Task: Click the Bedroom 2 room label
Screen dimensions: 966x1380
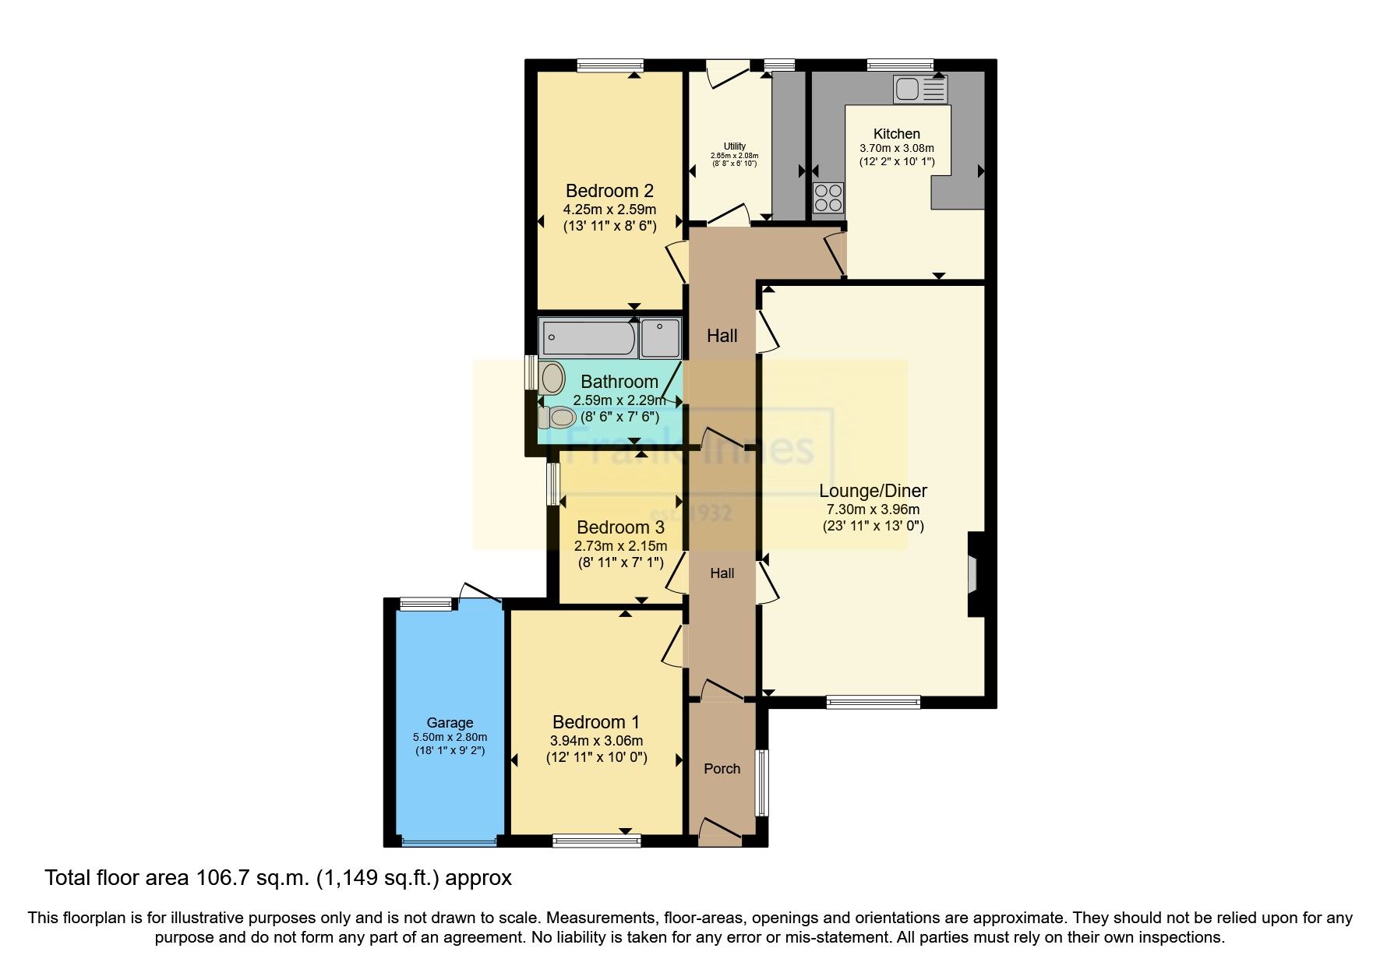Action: tap(609, 191)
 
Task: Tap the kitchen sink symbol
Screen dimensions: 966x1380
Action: tap(920, 90)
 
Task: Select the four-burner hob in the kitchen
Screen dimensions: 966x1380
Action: tap(828, 198)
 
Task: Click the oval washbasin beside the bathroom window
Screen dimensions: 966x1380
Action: tap(552, 377)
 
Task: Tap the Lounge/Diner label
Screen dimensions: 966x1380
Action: tap(873, 491)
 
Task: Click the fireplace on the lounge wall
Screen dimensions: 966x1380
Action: tap(974, 574)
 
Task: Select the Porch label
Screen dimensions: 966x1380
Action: tap(722, 769)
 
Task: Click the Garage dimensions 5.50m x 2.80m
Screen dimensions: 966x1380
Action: tap(450, 737)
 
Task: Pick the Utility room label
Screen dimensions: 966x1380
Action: tap(734, 146)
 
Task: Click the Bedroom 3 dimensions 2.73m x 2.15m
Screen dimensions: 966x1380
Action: tap(620, 546)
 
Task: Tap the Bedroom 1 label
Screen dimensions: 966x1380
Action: tap(596, 722)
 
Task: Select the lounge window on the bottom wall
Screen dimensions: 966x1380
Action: tap(873, 702)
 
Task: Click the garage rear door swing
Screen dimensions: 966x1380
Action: tap(478, 592)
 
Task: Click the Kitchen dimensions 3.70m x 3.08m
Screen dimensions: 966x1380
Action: tap(896, 148)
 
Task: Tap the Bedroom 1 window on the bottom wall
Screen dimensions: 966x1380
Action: tap(596, 841)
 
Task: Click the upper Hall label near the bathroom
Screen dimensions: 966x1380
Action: tap(722, 336)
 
